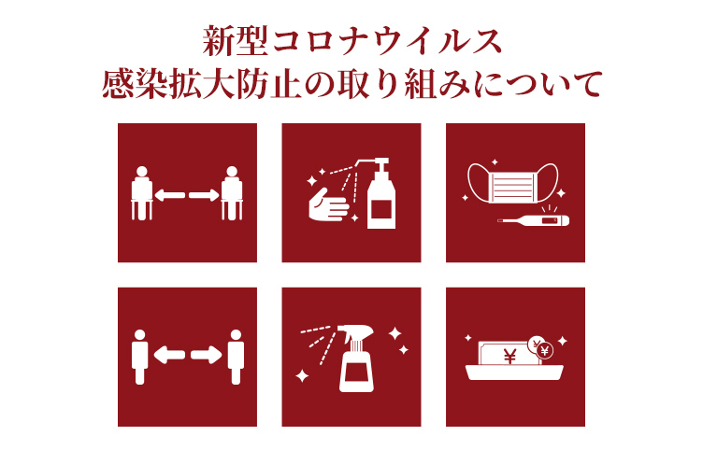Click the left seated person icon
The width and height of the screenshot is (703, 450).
pos(142,193)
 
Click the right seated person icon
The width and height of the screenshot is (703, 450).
pos(232,193)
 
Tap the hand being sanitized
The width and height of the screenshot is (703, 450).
pos(328,204)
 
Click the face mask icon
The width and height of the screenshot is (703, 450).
pos(513,183)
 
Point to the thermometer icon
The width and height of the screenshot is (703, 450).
pos(534,220)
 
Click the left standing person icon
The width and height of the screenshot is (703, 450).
pos(139,357)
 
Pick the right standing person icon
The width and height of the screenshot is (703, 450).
pos(236,357)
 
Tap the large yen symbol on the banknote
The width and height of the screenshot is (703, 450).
pos(509,357)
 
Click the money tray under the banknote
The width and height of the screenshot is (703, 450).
pos(514,373)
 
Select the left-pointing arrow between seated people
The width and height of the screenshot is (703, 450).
pos(170,195)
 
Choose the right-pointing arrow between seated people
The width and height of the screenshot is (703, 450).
pos(204,195)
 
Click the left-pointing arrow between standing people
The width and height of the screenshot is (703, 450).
pos(169,355)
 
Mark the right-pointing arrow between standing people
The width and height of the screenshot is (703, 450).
pos(207,355)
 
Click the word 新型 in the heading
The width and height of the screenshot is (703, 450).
pos(236,42)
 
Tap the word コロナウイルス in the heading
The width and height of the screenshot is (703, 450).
pos(387,42)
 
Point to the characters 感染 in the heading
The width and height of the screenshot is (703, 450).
pos(135,83)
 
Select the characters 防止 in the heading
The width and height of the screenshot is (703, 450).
pos(269,83)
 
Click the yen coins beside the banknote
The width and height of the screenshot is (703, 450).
pos(541,347)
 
